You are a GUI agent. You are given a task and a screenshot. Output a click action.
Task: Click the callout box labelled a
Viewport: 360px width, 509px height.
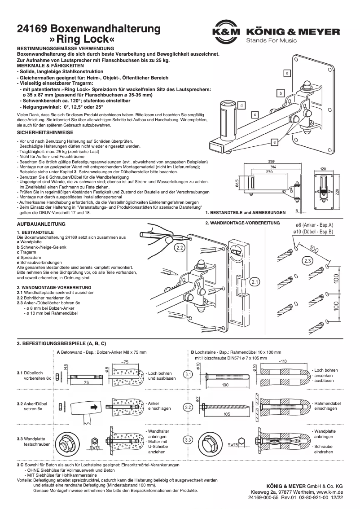point(287,72)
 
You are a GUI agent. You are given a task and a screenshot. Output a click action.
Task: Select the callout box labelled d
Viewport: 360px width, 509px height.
point(241,105)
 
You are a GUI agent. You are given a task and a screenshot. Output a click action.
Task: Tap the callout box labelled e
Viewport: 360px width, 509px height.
point(274,142)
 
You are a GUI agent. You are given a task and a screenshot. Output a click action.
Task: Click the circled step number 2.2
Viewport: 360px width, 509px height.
point(180,247)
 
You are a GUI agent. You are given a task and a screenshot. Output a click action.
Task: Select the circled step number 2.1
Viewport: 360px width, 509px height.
point(255,282)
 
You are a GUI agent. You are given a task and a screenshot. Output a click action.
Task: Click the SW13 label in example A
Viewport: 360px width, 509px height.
point(94,447)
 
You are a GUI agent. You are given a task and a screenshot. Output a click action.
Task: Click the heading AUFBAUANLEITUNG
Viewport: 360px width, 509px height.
point(41,224)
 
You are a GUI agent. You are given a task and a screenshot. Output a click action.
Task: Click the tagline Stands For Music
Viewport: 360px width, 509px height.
point(271,41)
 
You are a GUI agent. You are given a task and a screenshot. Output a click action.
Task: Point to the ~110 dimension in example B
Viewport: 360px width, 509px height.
point(283,360)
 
